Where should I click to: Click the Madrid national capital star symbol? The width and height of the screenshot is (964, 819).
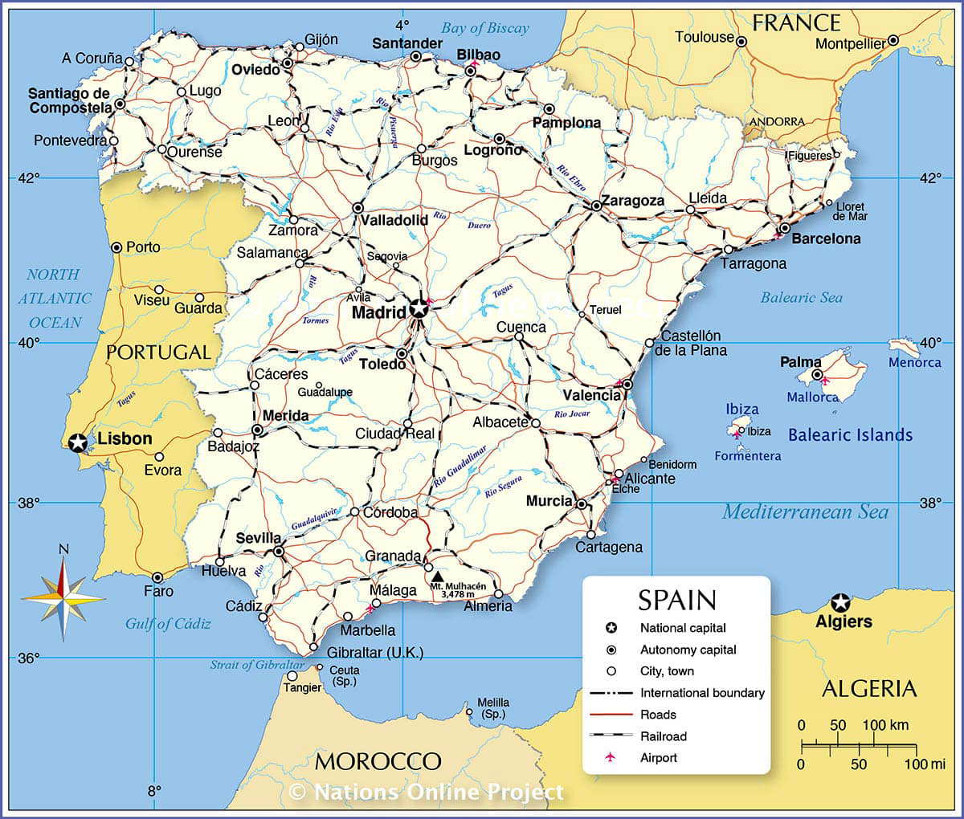point(419,308)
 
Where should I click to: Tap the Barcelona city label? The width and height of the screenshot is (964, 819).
point(826,238)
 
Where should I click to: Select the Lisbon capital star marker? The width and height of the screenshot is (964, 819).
point(77,442)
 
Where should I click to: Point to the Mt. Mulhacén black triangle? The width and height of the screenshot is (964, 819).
point(437,576)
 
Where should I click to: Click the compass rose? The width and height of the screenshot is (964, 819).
point(63,598)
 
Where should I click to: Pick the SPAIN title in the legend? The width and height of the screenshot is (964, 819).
point(676,600)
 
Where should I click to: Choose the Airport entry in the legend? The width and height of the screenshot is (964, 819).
point(658,757)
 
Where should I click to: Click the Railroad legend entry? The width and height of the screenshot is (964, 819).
point(663,735)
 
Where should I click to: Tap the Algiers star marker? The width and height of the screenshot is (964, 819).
point(840,602)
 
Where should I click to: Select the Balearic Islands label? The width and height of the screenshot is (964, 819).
point(850,435)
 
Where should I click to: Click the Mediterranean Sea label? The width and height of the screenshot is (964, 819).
point(805,512)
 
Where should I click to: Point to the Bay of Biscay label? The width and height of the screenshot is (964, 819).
point(485,28)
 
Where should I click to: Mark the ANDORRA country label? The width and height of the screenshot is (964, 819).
point(776,121)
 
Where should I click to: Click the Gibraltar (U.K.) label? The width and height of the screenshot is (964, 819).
point(375,652)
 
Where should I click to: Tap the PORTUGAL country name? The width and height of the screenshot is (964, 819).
point(158,352)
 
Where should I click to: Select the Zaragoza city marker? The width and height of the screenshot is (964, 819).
point(597,206)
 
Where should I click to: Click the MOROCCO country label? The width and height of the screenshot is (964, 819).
point(378,760)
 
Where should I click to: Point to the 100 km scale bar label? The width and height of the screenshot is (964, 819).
point(885,725)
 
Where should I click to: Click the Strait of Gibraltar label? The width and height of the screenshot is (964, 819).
point(257,665)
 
